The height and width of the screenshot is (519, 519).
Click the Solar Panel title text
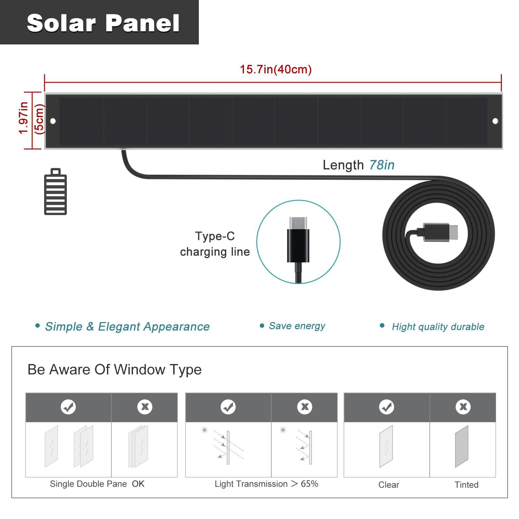[103, 23]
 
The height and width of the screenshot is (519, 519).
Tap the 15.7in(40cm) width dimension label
[276, 69]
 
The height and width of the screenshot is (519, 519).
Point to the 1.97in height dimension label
[23, 118]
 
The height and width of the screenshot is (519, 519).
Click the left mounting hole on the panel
[53, 121]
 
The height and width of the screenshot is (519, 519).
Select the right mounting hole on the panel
[495, 121]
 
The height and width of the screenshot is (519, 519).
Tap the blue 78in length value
[382, 165]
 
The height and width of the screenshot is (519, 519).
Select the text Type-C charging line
[215, 244]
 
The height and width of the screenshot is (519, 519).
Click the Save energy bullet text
[297, 326]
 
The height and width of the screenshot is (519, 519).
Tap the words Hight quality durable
[438, 327]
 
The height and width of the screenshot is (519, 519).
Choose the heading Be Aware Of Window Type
[115, 369]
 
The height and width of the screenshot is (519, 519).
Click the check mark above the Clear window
[387, 407]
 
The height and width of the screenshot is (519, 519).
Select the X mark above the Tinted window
[463, 407]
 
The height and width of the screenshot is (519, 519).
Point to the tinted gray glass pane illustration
[462, 446]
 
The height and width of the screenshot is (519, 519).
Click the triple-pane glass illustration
[138, 446]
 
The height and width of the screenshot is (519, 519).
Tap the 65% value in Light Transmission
[309, 484]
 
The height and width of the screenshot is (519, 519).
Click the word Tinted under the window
[466, 485]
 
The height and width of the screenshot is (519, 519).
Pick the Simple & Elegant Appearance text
[127, 327]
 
